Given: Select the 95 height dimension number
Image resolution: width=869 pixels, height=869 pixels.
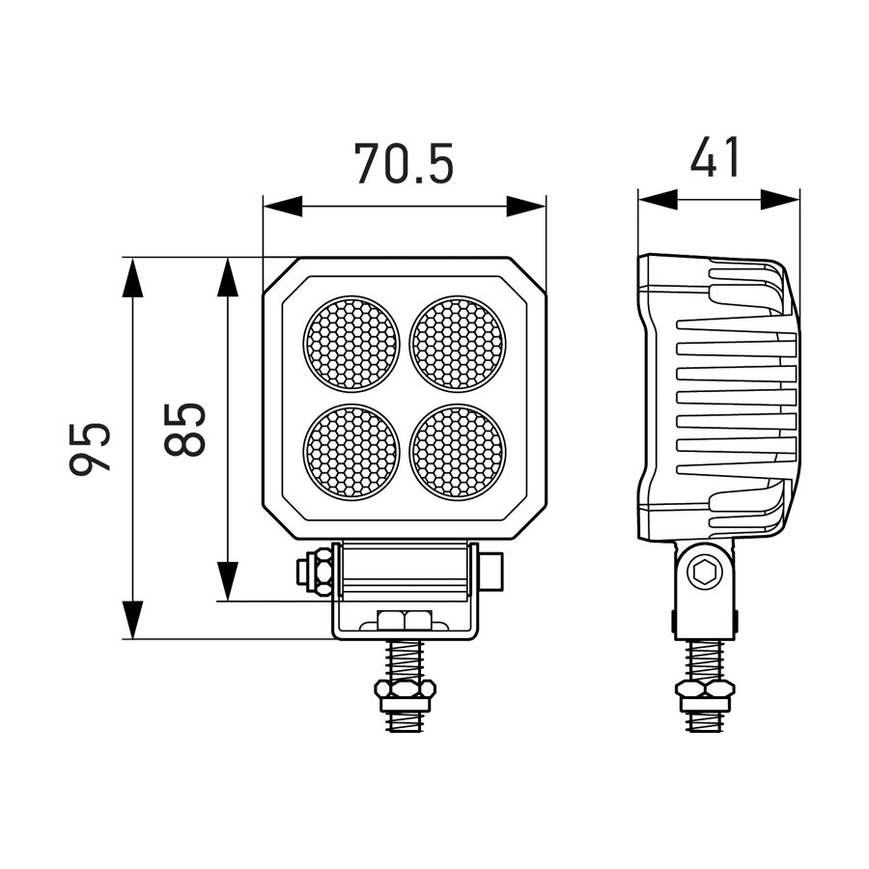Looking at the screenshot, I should point(91,447).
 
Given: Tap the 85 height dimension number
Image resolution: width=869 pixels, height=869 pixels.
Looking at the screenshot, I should point(185,429).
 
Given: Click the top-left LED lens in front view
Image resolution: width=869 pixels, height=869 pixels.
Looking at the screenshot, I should point(351,344).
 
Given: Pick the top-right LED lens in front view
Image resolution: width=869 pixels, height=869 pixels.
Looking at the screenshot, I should point(458,344).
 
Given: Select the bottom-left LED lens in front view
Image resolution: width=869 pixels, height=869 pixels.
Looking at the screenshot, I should point(351,451).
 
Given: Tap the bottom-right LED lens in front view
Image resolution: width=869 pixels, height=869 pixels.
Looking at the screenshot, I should point(458,451).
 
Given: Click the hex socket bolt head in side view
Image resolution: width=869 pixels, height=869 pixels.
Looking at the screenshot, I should point(704,574).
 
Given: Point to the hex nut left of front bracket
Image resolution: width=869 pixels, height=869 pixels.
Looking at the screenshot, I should point(315,572).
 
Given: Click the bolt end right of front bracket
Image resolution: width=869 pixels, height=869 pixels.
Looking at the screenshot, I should point(492,571).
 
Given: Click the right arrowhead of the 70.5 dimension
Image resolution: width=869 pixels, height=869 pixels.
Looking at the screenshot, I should point(527,207).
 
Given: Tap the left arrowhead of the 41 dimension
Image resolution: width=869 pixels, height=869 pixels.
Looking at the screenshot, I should point(658,199).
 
